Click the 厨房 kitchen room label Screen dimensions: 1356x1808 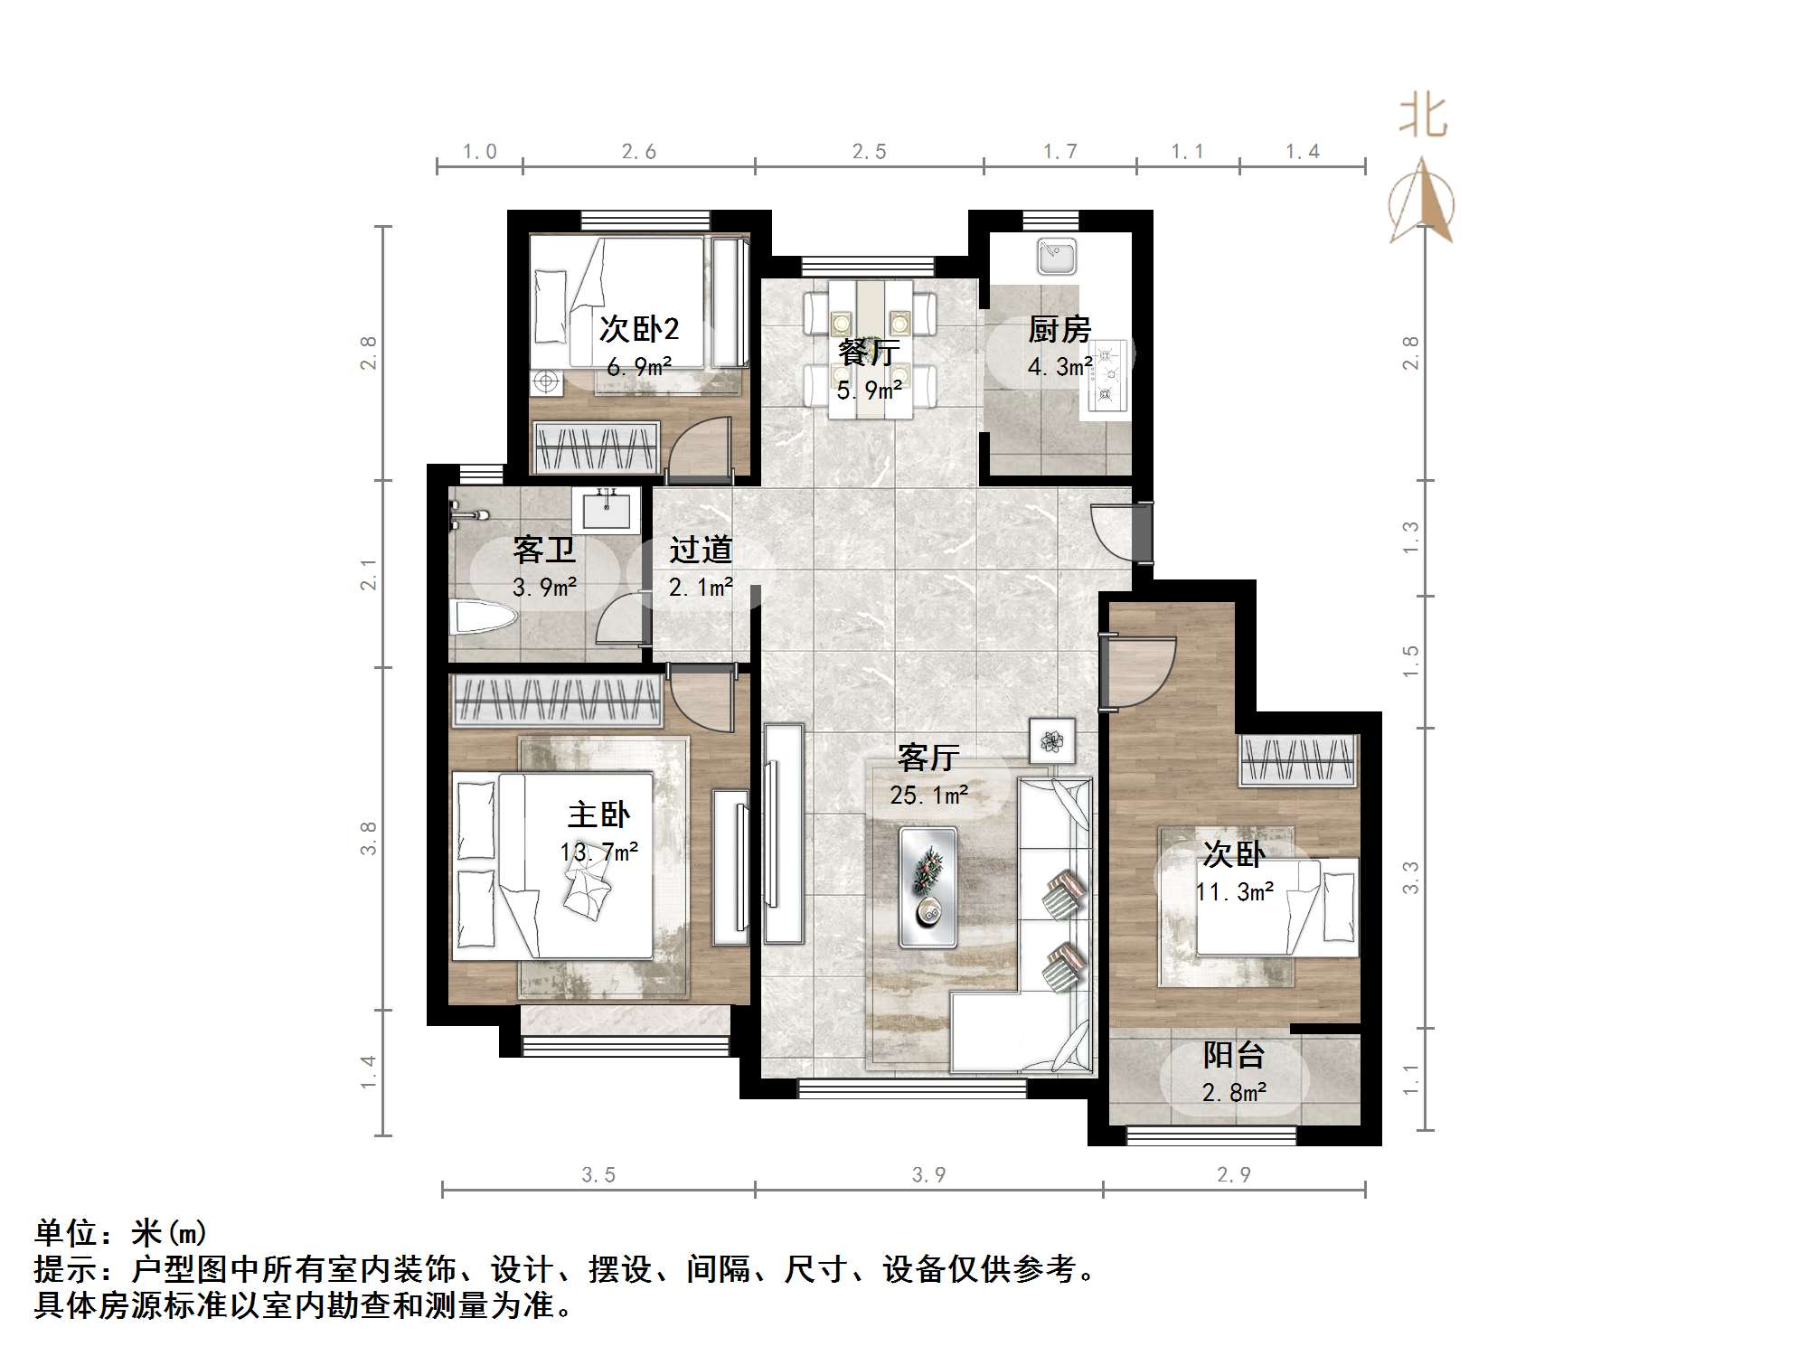click(x=1059, y=329)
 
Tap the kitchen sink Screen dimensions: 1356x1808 click(x=1056, y=255)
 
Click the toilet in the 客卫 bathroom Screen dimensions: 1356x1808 click(x=483, y=618)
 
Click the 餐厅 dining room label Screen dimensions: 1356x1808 click(x=868, y=352)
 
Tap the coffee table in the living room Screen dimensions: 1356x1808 click(x=928, y=887)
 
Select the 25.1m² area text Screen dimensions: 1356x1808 click(x=928, y=796)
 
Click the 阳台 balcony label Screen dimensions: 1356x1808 click(x=1233, y=1055)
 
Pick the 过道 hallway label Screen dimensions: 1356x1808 click(x=701, y=550)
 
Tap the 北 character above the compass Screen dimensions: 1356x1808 click(x=1424, y=118)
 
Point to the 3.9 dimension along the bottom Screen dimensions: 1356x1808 click(x=928, y=1174)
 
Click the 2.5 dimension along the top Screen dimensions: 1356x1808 click(x=869, y=152)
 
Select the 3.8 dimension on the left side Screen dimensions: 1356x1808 click(x=368, y=838)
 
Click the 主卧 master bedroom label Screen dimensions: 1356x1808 click(x=598, y=815)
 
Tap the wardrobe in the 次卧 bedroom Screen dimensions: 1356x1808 click(x=1298, y=760)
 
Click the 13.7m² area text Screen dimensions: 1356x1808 click(x=598, y=852)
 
